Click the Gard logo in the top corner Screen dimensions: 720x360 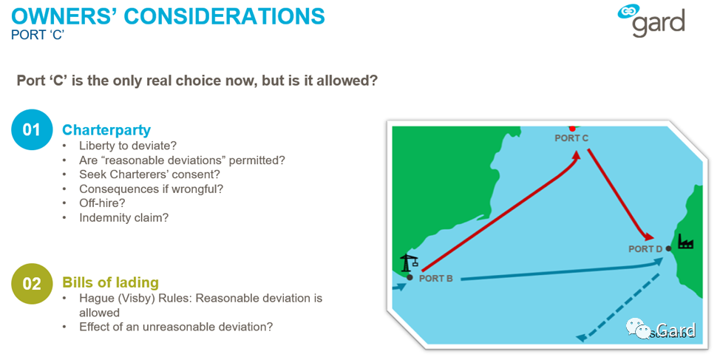pos(651,21)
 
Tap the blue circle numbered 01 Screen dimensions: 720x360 pos(32,130)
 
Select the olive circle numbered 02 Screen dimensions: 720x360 pos(32,283)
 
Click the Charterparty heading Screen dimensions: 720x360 pos(106,130)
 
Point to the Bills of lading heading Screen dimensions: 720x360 pos(111,282)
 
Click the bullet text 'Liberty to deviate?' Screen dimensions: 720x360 pos(128,146)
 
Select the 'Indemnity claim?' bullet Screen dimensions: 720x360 pos(124,217)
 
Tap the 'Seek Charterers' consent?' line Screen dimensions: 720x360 pos(150,174)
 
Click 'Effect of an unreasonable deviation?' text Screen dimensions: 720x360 pos(177,327)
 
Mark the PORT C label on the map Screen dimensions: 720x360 pos(571,137)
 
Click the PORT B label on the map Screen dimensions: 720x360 pos(435,278)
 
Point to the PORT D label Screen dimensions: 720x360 pos(645,249)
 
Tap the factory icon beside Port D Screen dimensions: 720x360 pos(685,241)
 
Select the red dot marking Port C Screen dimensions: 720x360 pos(572,128)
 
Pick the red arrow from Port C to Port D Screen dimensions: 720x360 pos(619,194)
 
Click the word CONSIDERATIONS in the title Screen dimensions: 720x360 pos(225,16)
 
